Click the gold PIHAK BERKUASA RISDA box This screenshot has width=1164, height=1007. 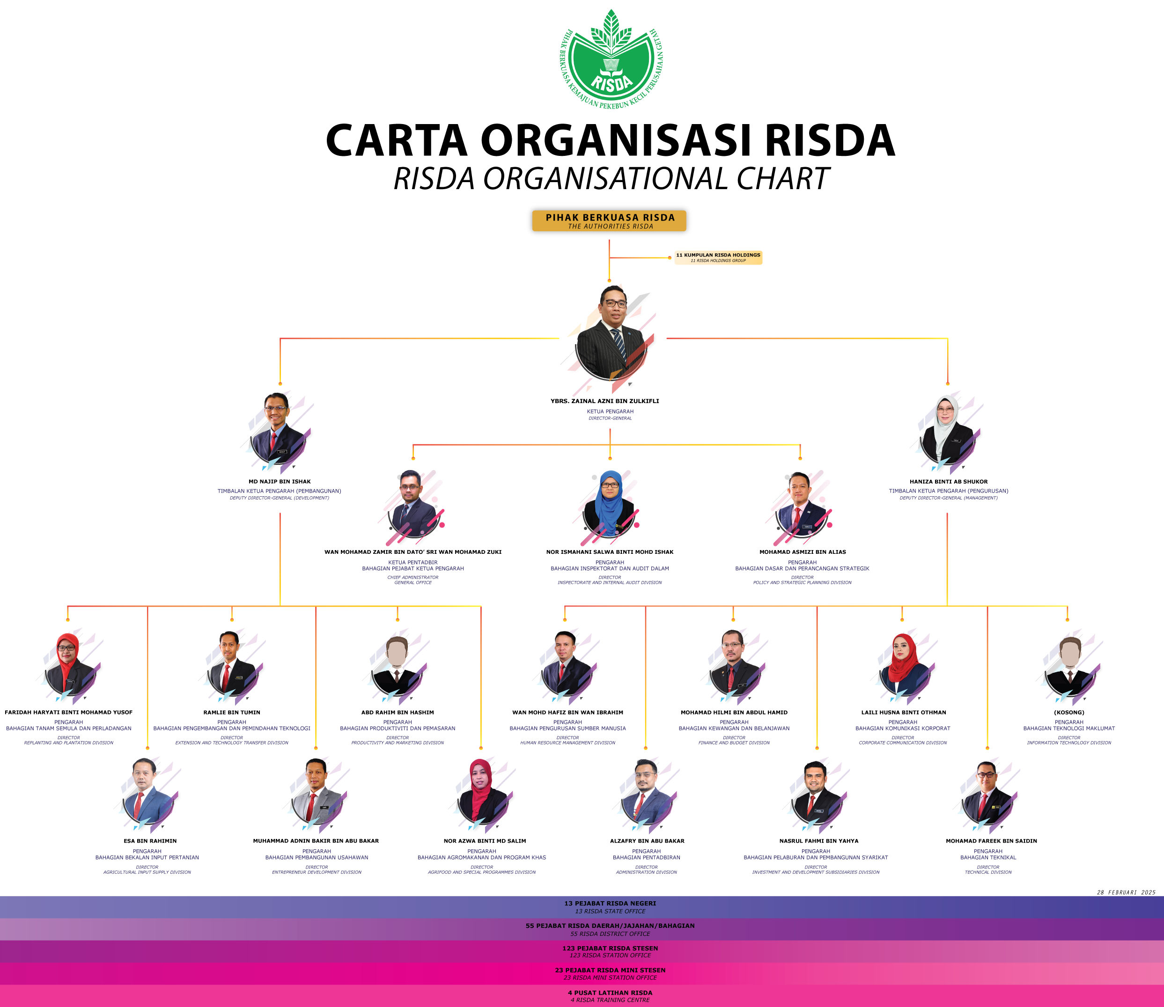point(609,221)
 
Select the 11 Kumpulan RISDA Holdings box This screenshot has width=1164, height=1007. point(718,257)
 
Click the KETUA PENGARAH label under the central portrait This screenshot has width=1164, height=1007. point(610,412)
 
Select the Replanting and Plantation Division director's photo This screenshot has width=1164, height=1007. point(68,665)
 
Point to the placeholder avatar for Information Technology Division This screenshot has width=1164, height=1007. point(1069,666)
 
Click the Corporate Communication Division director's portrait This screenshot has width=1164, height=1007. point(903,665)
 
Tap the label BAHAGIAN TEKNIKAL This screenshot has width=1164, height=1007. point(987,858)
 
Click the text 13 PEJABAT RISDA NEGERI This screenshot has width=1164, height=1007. point(610,904)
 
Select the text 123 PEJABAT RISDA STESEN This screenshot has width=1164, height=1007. point(610,948)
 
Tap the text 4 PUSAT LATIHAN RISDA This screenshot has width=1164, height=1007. point(610,993)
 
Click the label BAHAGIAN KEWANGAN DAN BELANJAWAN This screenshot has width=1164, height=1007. point(734,728)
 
